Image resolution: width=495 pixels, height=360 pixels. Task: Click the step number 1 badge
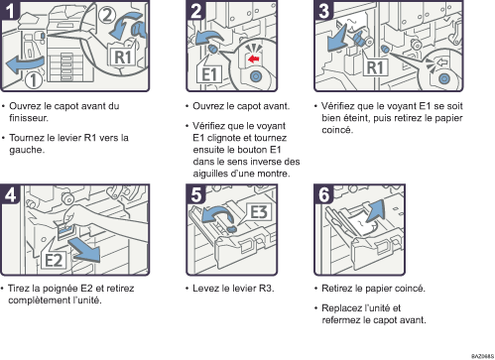tap(10, 10)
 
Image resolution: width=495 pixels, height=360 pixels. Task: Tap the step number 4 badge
tap(10, 194)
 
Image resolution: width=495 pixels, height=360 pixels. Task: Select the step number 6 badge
tap(323, 194)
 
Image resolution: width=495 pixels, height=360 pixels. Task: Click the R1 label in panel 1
tap(123, 57)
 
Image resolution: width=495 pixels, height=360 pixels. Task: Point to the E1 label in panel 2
tap(209, 74)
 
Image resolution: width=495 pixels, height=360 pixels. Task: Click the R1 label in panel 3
tap(375, 67)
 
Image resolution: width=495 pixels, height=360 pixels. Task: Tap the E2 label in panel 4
tap(54, 260)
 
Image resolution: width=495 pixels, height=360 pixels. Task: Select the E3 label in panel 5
tap(259, 212)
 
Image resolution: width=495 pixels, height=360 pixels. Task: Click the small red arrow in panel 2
tap(254, 60)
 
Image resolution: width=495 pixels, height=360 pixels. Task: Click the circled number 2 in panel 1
tap(107, 15)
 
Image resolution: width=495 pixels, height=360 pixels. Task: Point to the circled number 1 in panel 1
tap(34, 80)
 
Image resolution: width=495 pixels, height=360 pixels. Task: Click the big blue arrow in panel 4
tap(85, 251)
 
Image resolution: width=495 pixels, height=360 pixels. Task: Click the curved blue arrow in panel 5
tap(217, 213)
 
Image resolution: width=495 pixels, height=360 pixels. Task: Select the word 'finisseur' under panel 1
tap(28, 118)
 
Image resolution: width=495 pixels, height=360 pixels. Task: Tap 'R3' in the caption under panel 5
tap(265, 289)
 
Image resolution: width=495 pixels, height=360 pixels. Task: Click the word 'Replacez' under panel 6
tap(341, 308)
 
